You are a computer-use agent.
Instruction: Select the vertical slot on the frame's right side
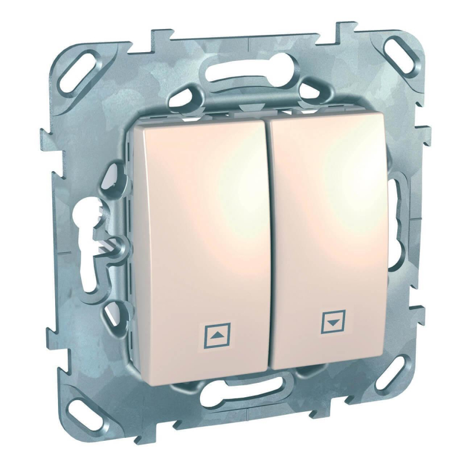pos(395,200)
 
